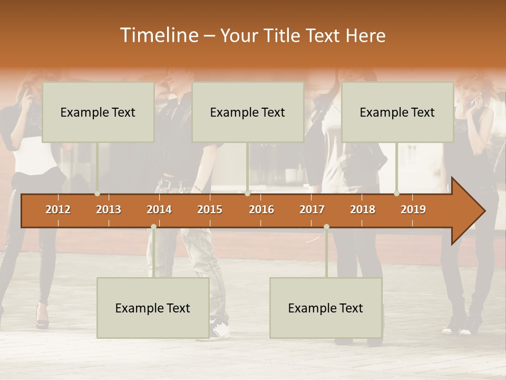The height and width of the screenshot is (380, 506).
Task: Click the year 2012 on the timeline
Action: click(58, 210)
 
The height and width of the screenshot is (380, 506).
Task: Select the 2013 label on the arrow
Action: click(109, 210)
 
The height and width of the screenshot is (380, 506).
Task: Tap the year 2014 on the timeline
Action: click(159, 210)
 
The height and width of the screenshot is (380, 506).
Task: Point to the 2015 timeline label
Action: click(210, 210)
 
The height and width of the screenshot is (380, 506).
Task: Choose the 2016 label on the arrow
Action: click(261, 210)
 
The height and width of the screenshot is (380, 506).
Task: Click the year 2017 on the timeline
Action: click(312, 210)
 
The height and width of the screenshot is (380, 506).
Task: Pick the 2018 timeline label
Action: click(363, 210)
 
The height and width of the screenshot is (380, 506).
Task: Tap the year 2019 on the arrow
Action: click(413, 210)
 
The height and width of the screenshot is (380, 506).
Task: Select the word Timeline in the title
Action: click(159, 35)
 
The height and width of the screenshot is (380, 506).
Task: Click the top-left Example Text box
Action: click(98, 112)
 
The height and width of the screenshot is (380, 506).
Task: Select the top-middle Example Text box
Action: click(248, 112)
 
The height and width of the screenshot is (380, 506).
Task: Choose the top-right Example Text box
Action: click(397, 112)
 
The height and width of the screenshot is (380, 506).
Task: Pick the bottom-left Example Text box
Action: click(153, 308)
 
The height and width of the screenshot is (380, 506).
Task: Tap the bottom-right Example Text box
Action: click(326, 308)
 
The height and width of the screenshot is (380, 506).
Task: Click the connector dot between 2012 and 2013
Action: click(97, 194)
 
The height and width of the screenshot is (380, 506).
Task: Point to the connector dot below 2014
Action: click(153, 227)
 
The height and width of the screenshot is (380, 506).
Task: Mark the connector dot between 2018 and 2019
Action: click(396, 194)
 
